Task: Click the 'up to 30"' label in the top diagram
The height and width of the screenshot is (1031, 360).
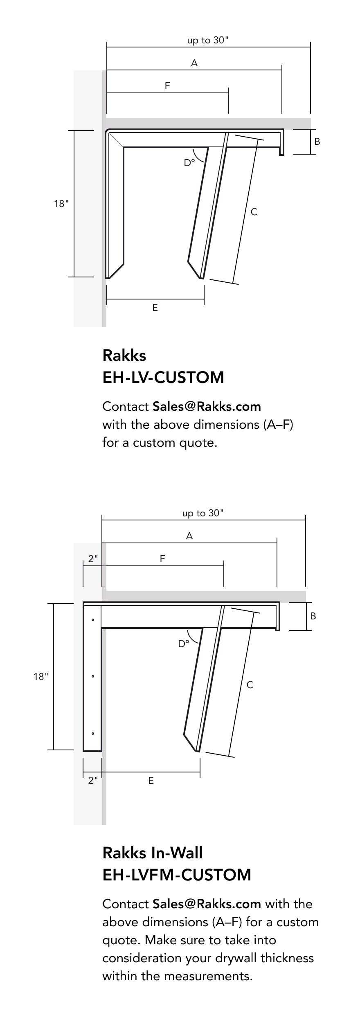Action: pyautogui.click(x=208, y=41)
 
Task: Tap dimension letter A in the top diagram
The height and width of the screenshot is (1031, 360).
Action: pyautogui.click(x=194, y=63)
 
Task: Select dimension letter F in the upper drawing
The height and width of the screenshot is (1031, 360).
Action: pyautogui.click(x=167, y=86)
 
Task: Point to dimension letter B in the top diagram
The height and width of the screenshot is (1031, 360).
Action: pyautogui.click(x=317, y=142)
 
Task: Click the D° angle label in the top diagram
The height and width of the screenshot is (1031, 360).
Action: pyautogui.click(x=189, y=163)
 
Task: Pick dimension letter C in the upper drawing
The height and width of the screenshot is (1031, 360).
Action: pyautogui.click(x=254, y=212)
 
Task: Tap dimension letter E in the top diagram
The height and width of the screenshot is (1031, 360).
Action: pyautogui.click(x=155, y=308)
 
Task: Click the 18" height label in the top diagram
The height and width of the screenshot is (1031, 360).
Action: pyautogui.click(x=61, y=203)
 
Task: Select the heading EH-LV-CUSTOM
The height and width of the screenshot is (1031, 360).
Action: pyautogui.click(x=163, y=377)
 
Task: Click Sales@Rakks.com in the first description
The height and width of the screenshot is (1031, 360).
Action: pyautogui.click(x=207, y=406)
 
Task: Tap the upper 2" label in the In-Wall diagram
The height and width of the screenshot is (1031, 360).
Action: pyautogui.click(x=93, y=559)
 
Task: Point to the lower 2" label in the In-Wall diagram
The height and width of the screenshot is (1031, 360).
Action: pyautogui.click(x=93, y=781)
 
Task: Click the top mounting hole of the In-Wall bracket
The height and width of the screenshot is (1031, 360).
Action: pyautogui.click(x=93, y=620)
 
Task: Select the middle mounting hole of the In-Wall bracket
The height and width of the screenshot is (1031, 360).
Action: pyautogui.click(x=93, y=676)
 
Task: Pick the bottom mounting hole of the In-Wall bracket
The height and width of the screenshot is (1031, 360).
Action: pyautogui.click(x=93, y=734)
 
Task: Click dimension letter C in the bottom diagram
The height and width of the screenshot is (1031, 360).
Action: pyautogui.click(x=250, y=685)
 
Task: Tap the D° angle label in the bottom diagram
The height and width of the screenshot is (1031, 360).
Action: pyautogui.click(x=184, y=644)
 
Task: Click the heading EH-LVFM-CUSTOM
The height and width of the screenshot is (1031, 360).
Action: pyautogui.click(x=177, y=875)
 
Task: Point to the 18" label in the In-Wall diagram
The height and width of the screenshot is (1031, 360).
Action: pyautogui.click(x=41, y=677)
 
